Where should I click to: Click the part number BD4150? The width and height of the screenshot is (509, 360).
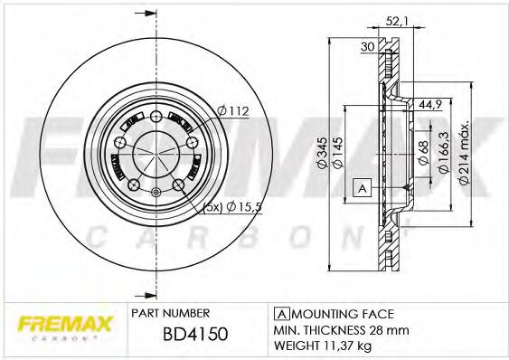[196, 335]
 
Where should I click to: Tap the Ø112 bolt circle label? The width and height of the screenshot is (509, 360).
[232, 111]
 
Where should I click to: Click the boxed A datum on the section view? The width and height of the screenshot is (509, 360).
[361, 188]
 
